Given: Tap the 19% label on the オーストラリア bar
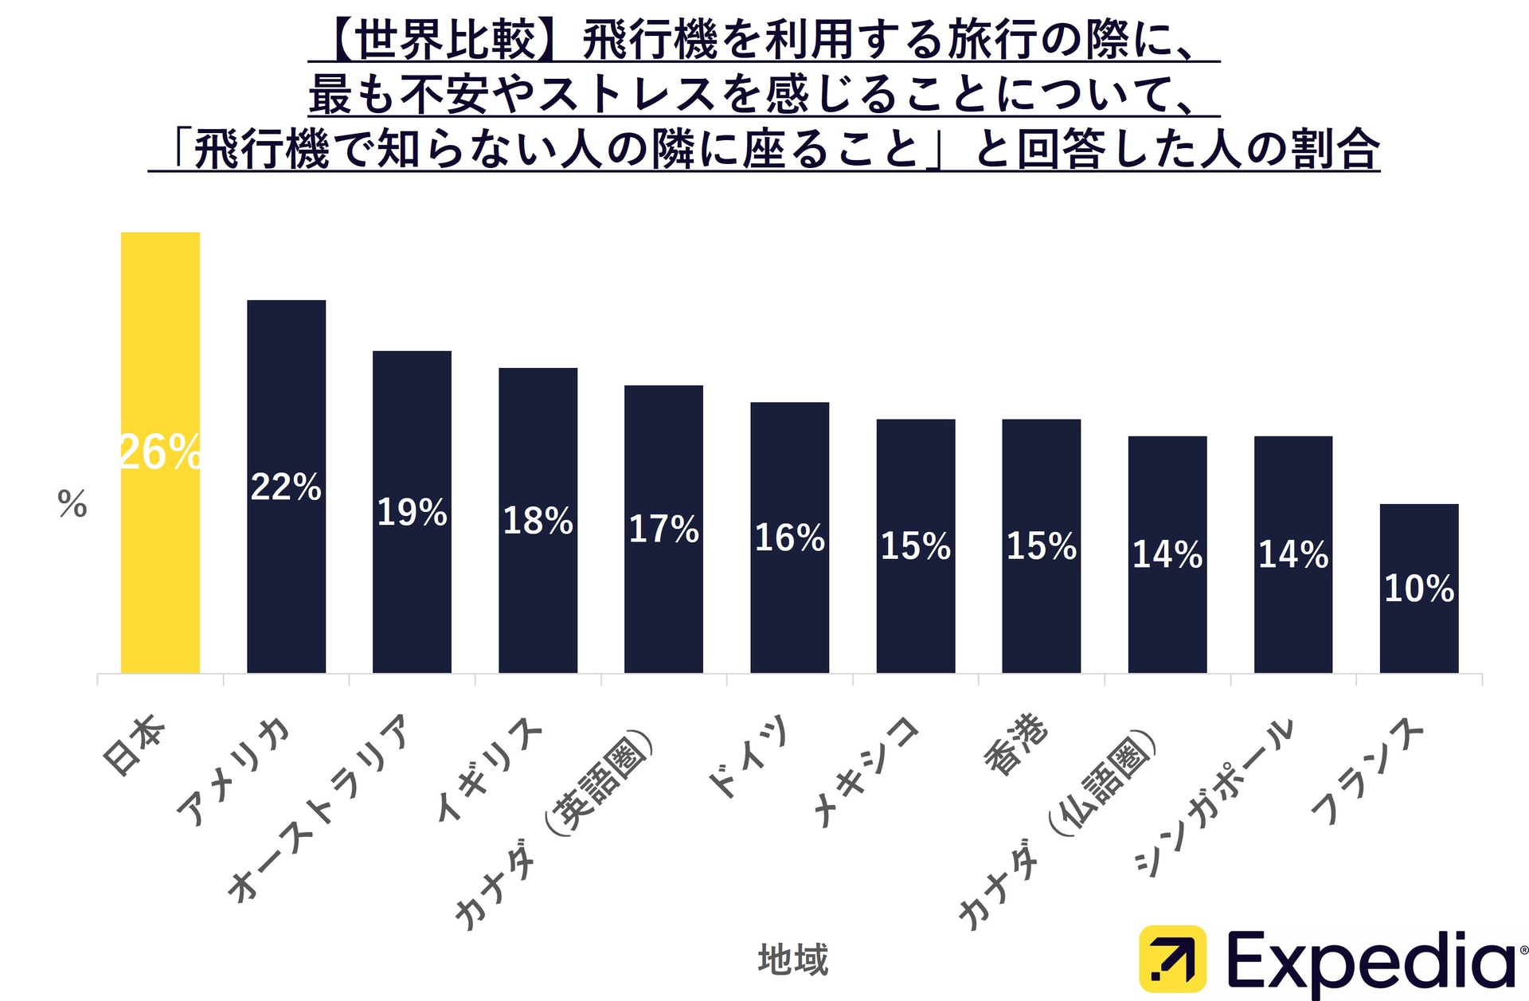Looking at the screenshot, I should pos(412,512).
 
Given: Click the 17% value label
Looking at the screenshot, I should pos(663,529).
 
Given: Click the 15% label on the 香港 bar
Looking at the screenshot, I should pos(1041,546).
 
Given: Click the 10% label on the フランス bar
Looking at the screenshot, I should pos(1418,588).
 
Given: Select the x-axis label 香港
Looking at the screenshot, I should pos(1017,745).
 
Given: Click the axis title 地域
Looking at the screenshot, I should pos(793,959).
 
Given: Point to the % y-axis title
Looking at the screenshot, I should pos(72,504).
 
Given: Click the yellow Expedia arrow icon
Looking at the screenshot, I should pos(1171,958).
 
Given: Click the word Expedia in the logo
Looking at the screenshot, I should pos(1370,962).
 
